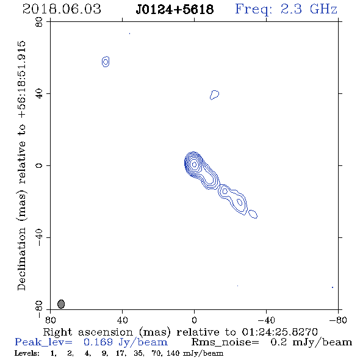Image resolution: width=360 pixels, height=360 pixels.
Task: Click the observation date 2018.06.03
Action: click(62, 9)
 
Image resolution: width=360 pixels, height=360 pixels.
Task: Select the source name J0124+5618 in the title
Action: click(175, 9)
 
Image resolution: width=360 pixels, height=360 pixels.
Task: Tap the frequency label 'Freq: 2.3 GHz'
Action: click(286, 9)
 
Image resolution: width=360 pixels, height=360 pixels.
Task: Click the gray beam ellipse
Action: click(61, 304)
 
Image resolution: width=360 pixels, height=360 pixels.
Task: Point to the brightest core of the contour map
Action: click(194, 164)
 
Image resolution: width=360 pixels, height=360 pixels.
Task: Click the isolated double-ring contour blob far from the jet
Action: click(106, 62)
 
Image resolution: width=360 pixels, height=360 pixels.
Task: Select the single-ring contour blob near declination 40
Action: click(214, 95)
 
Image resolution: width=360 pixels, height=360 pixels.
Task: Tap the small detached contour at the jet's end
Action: click(253, 214)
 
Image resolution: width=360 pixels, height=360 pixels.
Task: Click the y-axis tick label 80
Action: click(39, 22)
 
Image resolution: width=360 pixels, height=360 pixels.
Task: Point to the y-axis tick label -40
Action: click(39, 237)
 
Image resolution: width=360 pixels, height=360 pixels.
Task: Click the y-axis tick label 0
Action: click(39, 165)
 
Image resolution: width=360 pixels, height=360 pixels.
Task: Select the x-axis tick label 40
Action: click(123, 320)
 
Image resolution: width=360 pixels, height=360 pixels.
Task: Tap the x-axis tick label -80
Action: click(338, 320)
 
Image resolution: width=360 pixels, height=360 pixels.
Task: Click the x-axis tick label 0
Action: click(194, 320)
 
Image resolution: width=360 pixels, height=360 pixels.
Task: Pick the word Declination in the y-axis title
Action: click(21, 259)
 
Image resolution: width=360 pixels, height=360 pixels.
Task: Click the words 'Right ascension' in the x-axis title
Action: click(88, 332)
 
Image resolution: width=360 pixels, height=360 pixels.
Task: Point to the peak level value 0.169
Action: click(98, 342)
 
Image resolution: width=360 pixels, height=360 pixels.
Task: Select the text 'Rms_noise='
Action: click(225, 342)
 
